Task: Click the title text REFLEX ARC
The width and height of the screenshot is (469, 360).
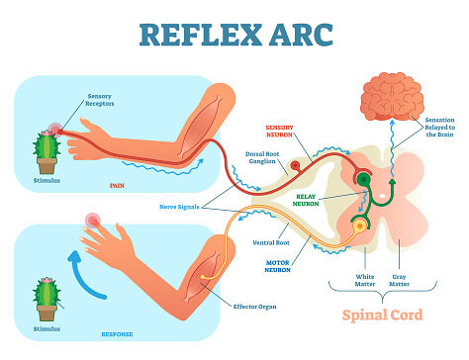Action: point(234,32)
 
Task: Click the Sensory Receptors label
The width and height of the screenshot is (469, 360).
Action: point(100,100)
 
